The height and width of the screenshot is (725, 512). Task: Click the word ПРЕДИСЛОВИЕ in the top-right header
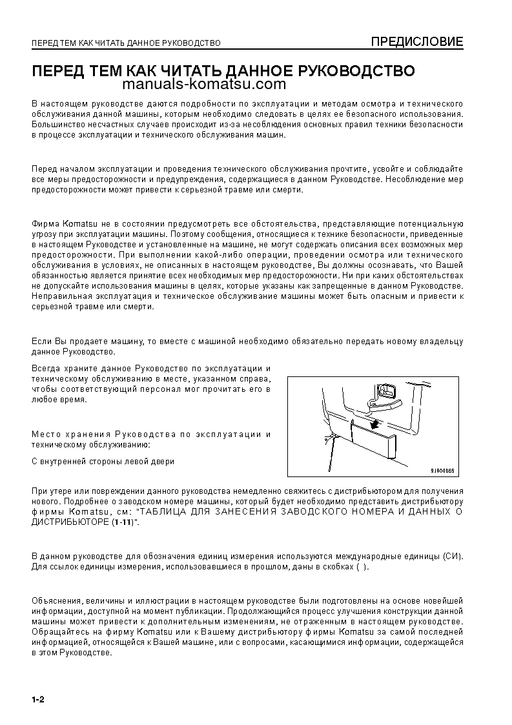[416, 43]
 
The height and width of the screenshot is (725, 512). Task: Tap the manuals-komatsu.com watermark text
[203, 85]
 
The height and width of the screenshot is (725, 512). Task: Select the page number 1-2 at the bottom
[37, 700]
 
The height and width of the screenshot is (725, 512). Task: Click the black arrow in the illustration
[374, 423]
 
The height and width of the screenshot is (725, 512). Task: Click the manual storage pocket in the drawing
[374, 440]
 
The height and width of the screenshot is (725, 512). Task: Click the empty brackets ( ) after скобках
[362, 567]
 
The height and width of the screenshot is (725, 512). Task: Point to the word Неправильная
[62, 296]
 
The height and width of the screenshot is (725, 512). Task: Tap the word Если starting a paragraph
[41, 341]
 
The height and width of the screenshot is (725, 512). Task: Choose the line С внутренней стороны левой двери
[103, 461]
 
